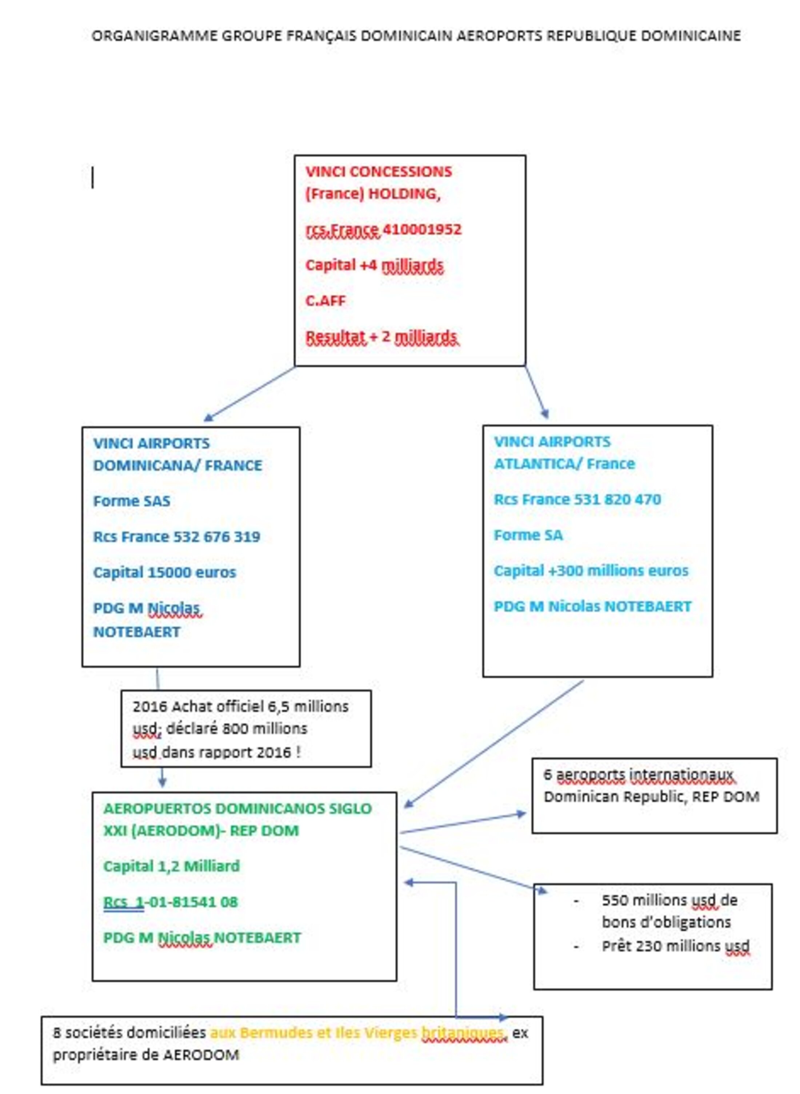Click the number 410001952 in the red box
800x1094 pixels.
(x=422, y=229)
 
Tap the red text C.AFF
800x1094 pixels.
(x=325, y=301)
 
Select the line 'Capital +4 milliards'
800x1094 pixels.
(x=374, y=265)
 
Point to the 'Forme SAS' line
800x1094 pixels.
(x=132, y=501)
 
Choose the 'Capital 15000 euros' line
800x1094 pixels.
(x=165, y=572)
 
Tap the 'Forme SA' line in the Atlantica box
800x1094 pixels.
(x=528, y=535)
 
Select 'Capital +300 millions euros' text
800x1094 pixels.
(x=591, y=571)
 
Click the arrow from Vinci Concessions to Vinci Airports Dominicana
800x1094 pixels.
(x=249, y=394)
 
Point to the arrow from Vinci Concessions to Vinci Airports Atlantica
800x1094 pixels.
(x=537, y=392)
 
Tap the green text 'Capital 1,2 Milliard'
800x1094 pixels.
(x=171, y=866)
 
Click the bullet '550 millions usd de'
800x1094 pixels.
(x=670, y=900)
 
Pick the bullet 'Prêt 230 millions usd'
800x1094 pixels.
(x=676, y=946)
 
